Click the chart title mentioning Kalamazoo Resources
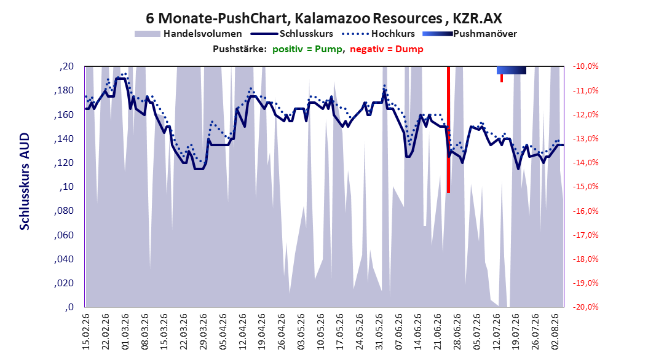click(x=323, y=18)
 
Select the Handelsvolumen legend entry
click(x=188, y=34)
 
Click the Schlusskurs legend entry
click(x=292, y=34)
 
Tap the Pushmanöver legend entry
click(x=470, y=34)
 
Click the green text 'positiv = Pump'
click(x=307, y=49)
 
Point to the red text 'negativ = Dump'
click(x=387, y=49)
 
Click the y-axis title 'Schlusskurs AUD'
click(x=25, y=181)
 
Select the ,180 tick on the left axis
click(x=64, y=90)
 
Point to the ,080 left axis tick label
click(x=64, y=211)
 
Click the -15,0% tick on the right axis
click(x=585, y=187)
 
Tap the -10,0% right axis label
click(x=585, y=66)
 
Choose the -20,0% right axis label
click(x=585, y=307)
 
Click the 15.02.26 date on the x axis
click(x=86, y=332)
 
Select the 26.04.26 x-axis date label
click(x=282, y=332)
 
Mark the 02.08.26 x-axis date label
click(x=555, y=332)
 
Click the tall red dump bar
click(x=448, y=129)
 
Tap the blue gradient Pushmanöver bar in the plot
click(x=512, y=70)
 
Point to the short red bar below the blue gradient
click(x=502, y=78)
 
